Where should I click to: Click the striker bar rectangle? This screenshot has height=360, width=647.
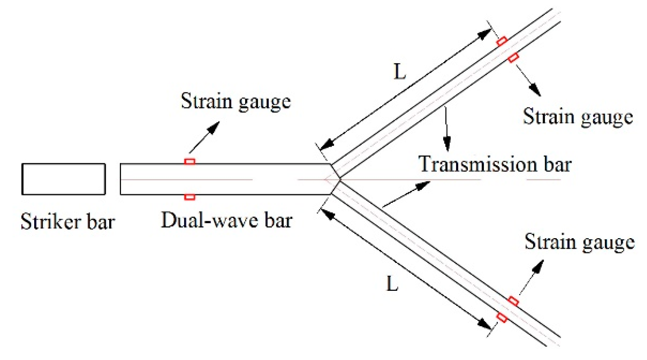coord(63,179)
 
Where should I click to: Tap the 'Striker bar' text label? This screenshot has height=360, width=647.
coord(68,222)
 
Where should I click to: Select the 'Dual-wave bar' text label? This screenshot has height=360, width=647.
coord(227,220)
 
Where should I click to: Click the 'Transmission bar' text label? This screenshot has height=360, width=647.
coord(495,164)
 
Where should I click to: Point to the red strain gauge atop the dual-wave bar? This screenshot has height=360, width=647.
coord(190,162)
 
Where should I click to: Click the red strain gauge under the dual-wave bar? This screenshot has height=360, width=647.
coord(190,197)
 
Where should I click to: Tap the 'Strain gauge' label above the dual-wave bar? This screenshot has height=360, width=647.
coord(236,101)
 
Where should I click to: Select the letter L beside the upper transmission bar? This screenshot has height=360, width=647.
coord(400,72)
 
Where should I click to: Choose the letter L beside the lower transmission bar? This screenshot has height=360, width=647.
coord(392,283)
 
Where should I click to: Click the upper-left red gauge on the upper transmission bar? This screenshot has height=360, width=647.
coord(502,41)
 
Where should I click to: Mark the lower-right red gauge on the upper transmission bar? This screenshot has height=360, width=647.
coord(513,58)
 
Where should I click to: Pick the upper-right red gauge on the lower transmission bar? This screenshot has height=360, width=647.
coord(513,301)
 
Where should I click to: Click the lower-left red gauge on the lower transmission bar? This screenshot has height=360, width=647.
coord(502,317)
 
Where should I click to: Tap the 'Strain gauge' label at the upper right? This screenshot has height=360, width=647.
coord(577,117)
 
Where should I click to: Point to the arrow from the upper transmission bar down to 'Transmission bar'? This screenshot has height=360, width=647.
coord(446,130)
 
